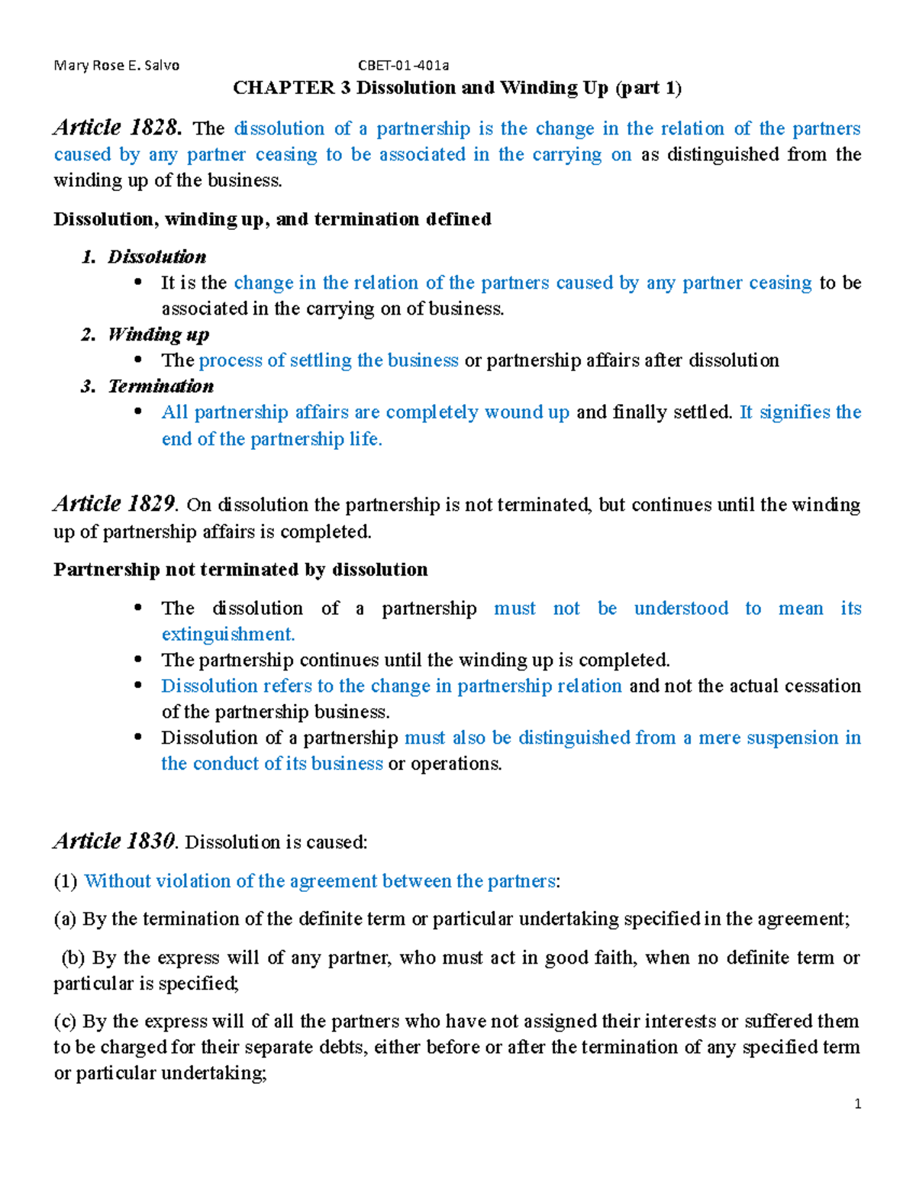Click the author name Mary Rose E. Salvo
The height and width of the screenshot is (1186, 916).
[x=116, y=66]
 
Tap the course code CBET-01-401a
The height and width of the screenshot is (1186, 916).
[x=404, y=66]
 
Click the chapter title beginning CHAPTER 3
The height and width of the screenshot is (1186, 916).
[x=457, y=88]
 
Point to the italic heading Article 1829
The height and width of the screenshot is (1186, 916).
[x=115, y=504]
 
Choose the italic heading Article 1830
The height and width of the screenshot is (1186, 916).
[x=115, y=842]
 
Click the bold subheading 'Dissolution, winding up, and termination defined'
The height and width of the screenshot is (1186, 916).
[x=272, y=219]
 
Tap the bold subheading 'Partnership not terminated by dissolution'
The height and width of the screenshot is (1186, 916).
[x=240, y=570]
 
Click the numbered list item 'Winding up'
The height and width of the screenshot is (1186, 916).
[x=158, y=334]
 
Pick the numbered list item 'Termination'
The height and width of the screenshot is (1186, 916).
[x=160, y=386]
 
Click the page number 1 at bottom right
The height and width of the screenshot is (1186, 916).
[x=858, y=1104]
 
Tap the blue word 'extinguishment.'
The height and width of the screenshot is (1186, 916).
[x=227, y=635]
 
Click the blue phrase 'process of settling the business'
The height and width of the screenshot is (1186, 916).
[x=328, y=360]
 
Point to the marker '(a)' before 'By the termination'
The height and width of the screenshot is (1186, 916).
[x=65, y=919]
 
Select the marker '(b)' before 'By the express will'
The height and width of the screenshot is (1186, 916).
[x=73, y=958]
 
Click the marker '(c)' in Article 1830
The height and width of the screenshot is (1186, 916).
[x=65, y=1021]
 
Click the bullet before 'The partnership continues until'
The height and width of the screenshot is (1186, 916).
[x=138, y=660]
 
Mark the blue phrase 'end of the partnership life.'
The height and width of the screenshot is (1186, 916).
[x=272, y=439]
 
